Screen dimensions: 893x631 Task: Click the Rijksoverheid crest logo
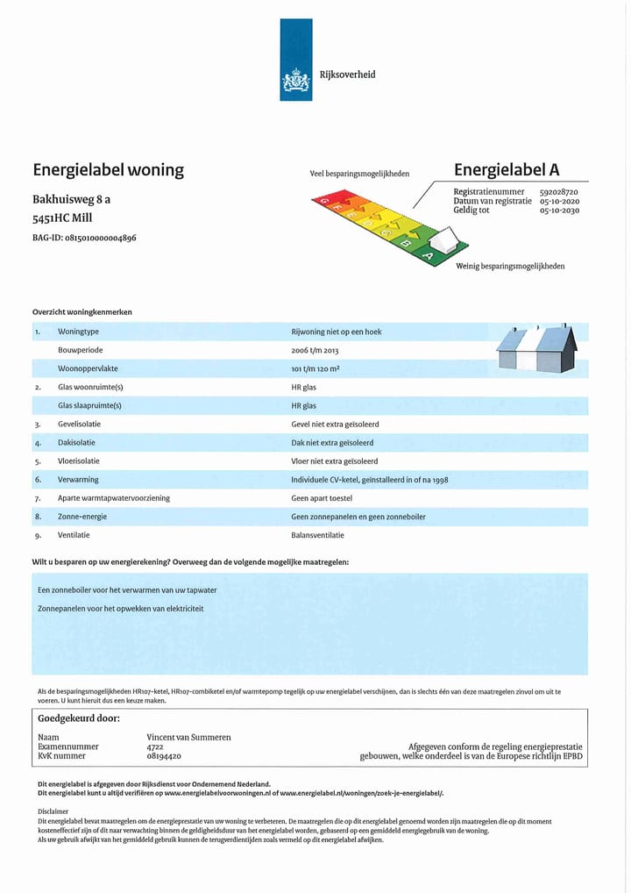[295, 82]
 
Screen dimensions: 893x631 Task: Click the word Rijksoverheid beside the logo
[347, 75]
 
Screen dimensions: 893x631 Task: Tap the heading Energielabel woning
[108, 170]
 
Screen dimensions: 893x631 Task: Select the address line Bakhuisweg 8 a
[71, 199]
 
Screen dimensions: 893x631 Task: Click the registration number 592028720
[558, 192]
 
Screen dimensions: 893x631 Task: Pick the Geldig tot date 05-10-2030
[558, 211]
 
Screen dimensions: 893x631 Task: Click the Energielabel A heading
[506, 170]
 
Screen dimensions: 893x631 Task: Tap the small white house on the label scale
[446, 239]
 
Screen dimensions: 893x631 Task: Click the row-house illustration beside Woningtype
[536, 348]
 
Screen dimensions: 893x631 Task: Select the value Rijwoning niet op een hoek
[336, 332]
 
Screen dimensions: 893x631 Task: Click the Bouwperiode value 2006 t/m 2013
[315, 351]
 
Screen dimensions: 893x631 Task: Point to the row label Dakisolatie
[76, 443]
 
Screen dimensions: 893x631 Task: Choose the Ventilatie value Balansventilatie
[317, 535]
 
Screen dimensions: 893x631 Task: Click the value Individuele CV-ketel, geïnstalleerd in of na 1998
[369, 480]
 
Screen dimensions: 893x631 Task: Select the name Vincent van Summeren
[188, 738]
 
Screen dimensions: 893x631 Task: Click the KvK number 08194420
[164, 755]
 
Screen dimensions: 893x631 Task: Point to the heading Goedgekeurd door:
[79, 718]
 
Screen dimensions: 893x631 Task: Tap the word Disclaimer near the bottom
[53, 811]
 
